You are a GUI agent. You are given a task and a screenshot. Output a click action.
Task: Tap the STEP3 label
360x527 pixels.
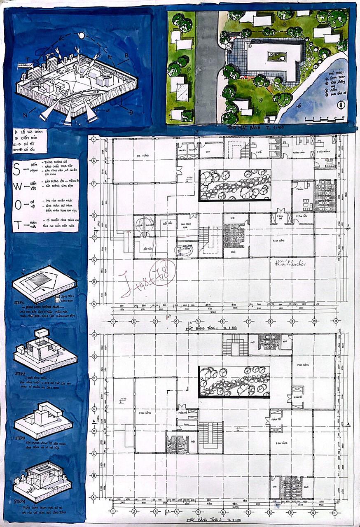point(20,438)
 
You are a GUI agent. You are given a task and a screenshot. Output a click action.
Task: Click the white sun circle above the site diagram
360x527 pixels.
point(81,36)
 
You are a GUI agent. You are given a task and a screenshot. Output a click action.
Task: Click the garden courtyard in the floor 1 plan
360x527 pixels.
point(234,186)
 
